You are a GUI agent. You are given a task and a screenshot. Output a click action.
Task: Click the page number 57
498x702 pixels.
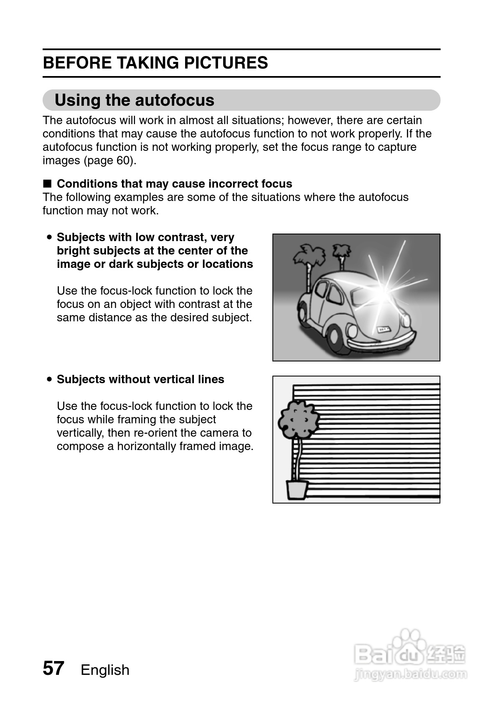(x=53, y=668)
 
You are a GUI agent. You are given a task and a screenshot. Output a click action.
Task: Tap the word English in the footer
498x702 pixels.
(x=105, y=670)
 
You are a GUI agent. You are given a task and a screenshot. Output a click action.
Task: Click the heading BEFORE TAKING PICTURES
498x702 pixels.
(x=155, y=63)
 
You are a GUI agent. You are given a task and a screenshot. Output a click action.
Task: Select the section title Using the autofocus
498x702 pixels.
(x=134, y=100)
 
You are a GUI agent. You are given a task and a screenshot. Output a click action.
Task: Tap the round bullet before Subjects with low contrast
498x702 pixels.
(x=49, y=237)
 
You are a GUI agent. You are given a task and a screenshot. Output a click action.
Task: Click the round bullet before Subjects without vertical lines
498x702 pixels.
(x=49, y=379)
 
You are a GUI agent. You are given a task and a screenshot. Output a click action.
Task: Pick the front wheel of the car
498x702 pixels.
(x=336, y=337)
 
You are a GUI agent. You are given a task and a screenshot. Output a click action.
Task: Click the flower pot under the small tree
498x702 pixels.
(x=297, y=489)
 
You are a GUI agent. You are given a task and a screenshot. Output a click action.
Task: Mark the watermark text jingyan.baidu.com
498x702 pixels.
(x=410, y=674)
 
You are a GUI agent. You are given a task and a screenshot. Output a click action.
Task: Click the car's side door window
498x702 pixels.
(x=335, y=295)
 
